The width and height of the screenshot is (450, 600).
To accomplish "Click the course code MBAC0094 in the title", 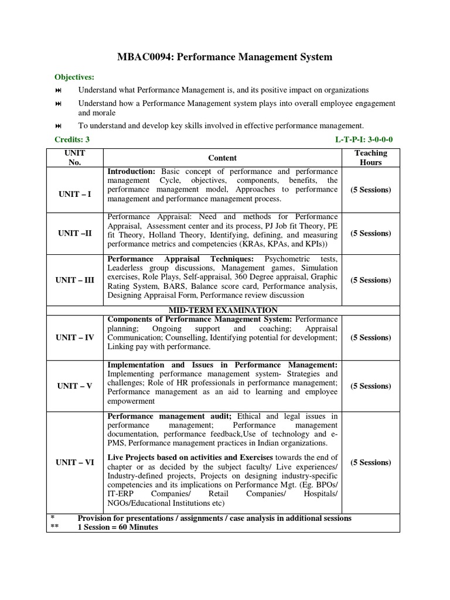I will click(x=141, y=57).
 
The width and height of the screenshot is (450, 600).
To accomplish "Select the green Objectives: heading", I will click(x=74, y=77).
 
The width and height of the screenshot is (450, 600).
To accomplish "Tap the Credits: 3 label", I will click(x=72, y=139).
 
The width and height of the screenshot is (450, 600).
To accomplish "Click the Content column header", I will click(x=223, y=158).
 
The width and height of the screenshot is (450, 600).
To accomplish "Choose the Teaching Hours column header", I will click(x=370, y=158).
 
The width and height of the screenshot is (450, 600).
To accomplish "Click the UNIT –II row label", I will click(x=75, y=233).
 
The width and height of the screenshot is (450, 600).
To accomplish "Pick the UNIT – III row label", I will click(x=75, y=280).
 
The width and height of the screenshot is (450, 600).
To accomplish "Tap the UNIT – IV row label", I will click(x=75, y=337).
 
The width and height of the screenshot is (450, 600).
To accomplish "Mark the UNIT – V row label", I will click(x=75, y=386).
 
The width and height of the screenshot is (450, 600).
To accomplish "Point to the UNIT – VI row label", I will click(x=75, y=462).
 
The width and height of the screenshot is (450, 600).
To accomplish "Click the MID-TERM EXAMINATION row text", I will click(x=223, y=310).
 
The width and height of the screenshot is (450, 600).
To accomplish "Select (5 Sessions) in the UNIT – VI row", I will click(x=370, y=462).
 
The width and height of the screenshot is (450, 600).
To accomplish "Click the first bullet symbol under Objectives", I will click(x=58, y=90).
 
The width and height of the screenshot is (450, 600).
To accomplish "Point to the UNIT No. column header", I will click(x=75, y=158).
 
